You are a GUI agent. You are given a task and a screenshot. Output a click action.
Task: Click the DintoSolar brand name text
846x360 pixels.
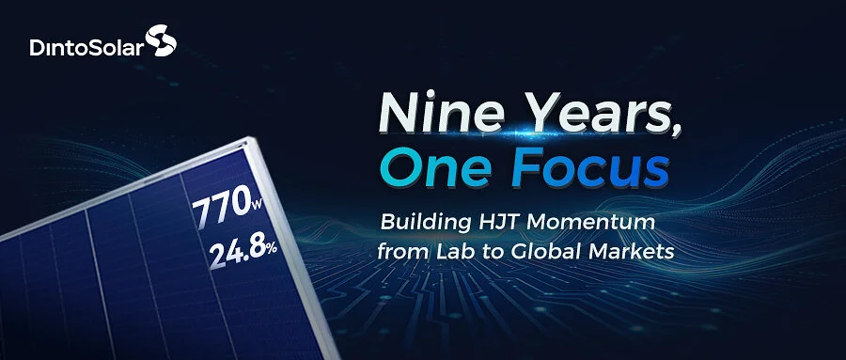tap(87, 48)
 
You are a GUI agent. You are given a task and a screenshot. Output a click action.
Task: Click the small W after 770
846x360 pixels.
tap(255, 205)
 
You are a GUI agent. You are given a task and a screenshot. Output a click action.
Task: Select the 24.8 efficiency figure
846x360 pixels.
tap(236, 253)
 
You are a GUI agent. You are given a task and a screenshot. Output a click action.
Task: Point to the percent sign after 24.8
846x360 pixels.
tap(271, 247)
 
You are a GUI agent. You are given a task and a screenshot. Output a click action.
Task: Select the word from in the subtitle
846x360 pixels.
tap(402, 251)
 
